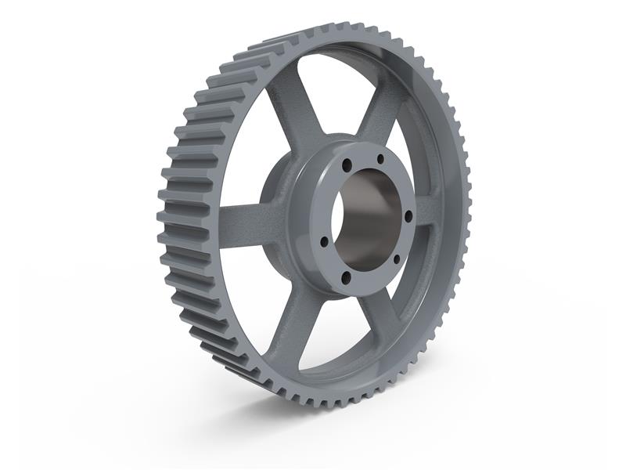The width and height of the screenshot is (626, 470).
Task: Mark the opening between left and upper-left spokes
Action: point(250,157)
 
